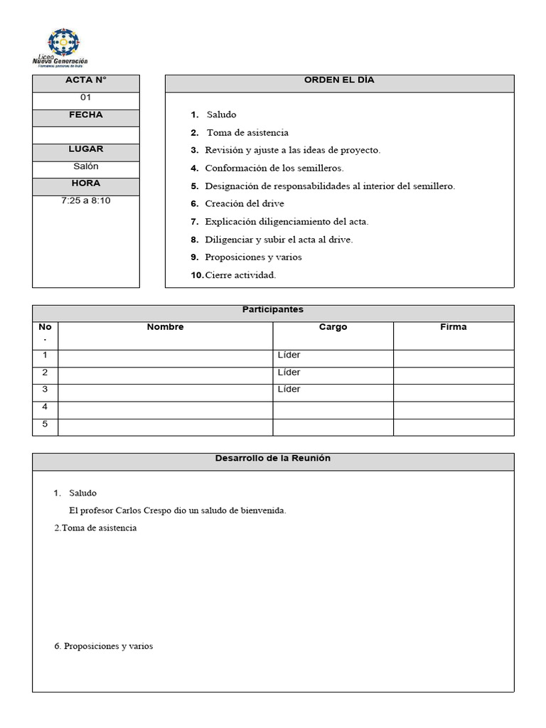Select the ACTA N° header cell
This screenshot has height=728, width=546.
(x=86, y=80)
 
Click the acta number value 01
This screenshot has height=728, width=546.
(x=86, y=97)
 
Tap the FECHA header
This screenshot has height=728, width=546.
(x=86, y=115)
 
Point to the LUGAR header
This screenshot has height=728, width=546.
(x=86, y=149)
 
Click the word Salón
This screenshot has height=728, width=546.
(x=86, y=166)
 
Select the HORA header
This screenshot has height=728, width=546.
(x=86, y=183)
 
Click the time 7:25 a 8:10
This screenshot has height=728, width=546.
(x=86, y=200)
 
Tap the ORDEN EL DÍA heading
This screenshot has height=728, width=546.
(x=339, y=80)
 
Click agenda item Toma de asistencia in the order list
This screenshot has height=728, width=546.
(x=247, y=133)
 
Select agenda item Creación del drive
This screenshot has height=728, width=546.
(x=244, y=204)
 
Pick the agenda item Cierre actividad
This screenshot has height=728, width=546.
(x=240, y=275)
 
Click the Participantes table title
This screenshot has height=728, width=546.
(x=273, y=310)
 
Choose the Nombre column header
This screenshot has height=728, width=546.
(x=165, y=327)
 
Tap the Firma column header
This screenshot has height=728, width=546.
(x=454, y=327)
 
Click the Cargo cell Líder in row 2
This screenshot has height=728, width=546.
(x=289, y=373)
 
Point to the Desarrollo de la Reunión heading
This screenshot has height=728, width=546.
(x=273, y=459)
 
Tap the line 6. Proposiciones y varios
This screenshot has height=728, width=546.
(x=104, y=646)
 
